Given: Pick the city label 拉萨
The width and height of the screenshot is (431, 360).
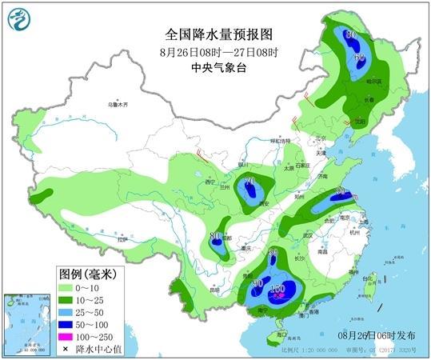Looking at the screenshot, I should pyautogui.click(x=122, y=238).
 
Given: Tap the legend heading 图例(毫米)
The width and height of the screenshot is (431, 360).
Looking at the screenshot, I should pyautogui.click(x=88, y=273).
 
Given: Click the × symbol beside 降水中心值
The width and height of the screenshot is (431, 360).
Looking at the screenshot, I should pyautogui.click(x=64, y=350).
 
